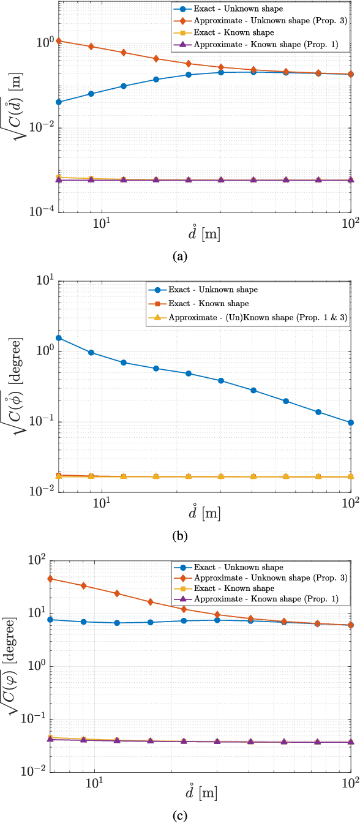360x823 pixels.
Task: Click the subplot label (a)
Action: (x=179, y=257)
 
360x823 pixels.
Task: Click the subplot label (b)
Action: (x=179, y=536)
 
